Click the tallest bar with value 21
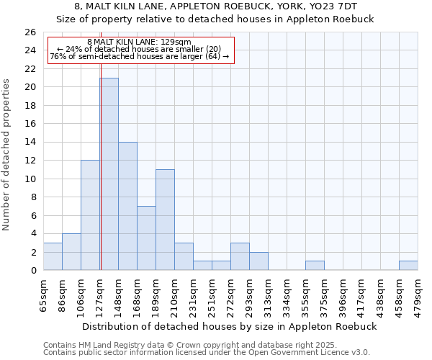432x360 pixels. (x=109, y=174)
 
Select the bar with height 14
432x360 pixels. (x=127, y=206)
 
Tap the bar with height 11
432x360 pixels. (x=165, y=220)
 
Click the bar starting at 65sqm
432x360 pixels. (x=53, y=256)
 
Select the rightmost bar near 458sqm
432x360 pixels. (x=408, y=265)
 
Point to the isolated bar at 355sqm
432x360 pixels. (x=315, y=265)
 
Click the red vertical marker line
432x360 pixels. (x=101, y=144)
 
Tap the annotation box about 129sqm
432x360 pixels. (x=141, y=50)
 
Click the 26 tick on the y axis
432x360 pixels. (x=30, y=32)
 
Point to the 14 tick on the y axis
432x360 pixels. (x=30, y=142)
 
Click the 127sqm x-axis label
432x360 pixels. (x=99, y=292)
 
